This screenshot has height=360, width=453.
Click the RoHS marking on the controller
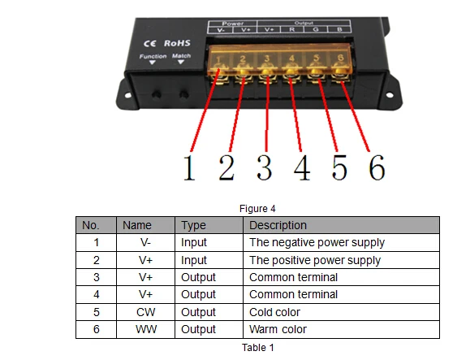click(177, 43)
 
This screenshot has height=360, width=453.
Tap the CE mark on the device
click(149, 44)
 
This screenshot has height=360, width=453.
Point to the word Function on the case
click(153, 56)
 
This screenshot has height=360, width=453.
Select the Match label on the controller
click(181, 55)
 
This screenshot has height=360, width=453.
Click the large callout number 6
click(377, 167)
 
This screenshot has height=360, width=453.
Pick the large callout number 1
click(189, 167)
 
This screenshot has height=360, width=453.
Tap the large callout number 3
click(264, 167)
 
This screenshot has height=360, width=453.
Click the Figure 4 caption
click(257, 209)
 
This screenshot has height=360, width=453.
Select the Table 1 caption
click(257, 347)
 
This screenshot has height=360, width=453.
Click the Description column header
click(278, 225)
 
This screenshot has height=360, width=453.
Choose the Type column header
click(193, 226)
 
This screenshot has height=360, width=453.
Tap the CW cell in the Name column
click(145, 312)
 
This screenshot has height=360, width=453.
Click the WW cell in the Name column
click(146, 329)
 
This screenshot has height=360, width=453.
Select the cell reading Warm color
click(278, 329)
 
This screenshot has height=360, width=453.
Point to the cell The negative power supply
click(317, 243)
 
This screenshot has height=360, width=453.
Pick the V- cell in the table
click(145, 242)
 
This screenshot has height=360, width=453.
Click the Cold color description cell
click(274, 312)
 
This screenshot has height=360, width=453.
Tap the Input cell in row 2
click(193, 260)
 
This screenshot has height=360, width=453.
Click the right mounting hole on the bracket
click(389, 95)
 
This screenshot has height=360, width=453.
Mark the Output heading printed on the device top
click(304, 23)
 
